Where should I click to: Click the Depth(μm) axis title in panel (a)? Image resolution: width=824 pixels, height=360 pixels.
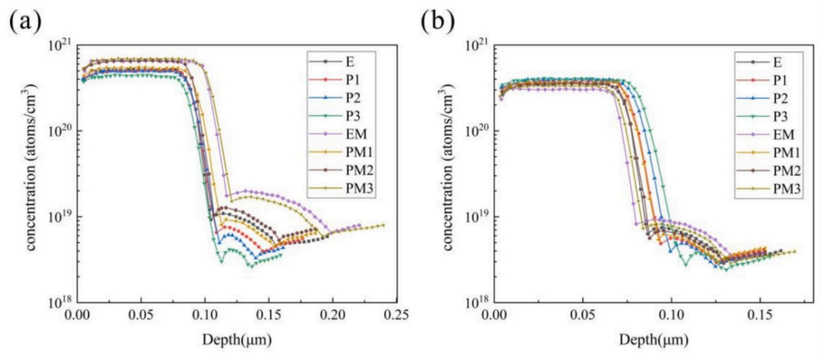click(x=237, y=337)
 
